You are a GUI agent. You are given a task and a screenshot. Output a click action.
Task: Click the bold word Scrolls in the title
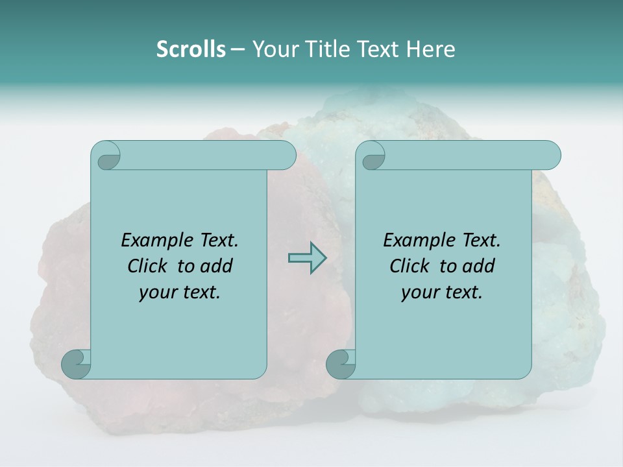[x=191, y=49]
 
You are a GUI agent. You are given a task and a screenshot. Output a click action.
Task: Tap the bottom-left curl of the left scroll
[x=77, y=364]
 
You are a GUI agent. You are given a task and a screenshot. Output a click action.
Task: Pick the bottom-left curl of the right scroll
[x=341, y=364]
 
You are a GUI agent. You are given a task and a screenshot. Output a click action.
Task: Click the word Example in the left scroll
[x=154, y=240]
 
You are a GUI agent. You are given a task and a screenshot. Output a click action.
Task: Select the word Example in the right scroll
[x=417, y=240]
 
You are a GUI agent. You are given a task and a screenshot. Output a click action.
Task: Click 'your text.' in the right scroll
[x=442, y=292]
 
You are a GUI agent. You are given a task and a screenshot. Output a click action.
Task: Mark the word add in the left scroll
[x=217, y=266]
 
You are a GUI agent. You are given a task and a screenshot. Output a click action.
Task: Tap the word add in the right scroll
[x=479, y=266]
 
